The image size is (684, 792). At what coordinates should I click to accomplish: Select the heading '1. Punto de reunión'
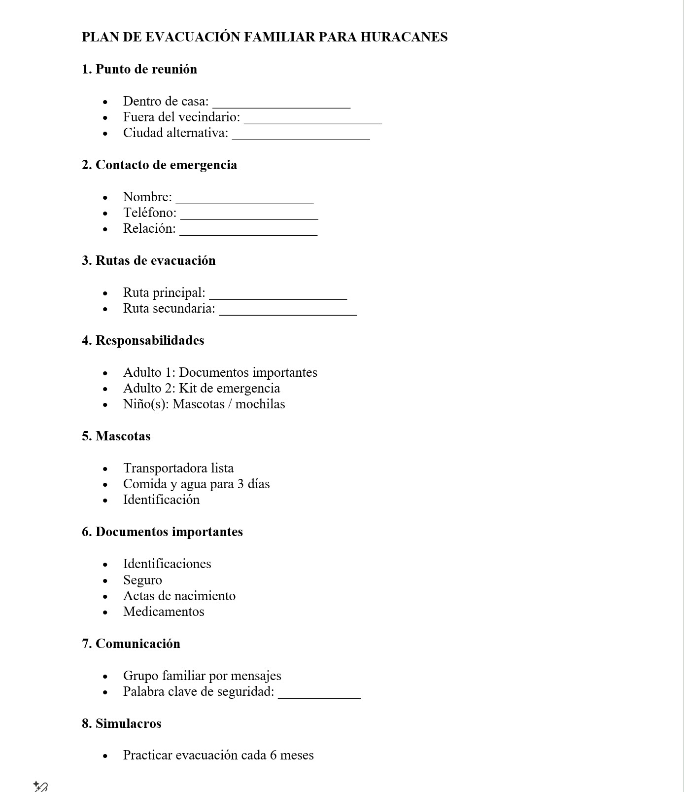pyautogui.click(x=139, y=69)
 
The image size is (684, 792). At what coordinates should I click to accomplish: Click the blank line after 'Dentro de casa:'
pyautogui.click(x=281, y=103)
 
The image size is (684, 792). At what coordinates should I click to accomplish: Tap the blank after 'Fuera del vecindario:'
pyautogui.click(x=313, y=118)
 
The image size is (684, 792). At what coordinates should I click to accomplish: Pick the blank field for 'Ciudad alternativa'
pyautogui.click(x=301, y=134)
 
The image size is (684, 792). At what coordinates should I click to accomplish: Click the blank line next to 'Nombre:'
pyautogui.click(x=244, y=198)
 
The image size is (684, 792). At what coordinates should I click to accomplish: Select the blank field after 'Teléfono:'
pyautogui.click(x=249, y=214)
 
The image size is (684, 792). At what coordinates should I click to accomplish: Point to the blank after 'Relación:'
pyautogui.click(x=248, y=230)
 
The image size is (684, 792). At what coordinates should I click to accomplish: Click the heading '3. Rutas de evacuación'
pyautogui.click(x=149, y=260)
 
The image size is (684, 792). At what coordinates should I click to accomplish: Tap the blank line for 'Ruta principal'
pyautogui.click(x=278, y=294)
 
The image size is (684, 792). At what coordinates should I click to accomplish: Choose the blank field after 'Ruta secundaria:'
pyautogui.click(x=288, y=310)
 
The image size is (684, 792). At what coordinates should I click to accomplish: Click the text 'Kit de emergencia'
pyautogui.click(x=229, y=388)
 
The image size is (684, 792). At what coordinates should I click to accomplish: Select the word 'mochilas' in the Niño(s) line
pyautogui.click(x=260, y=404)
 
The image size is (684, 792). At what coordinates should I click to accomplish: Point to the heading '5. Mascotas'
pyautogui.click(x=116, y=436)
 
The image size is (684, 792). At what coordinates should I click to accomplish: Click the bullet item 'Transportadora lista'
pyautogui.click(x=178, y=468)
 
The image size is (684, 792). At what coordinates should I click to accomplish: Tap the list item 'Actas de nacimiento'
pyautogui.click(x=179, y=596)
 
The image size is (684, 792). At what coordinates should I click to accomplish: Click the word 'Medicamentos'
pyautogui.click(x=164, y=612)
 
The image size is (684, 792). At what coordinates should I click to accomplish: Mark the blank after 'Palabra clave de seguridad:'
pyautogui.click(x=319, y=693)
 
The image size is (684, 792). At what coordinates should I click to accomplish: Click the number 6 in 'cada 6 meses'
pyautogui.click(x=273, y=755)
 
